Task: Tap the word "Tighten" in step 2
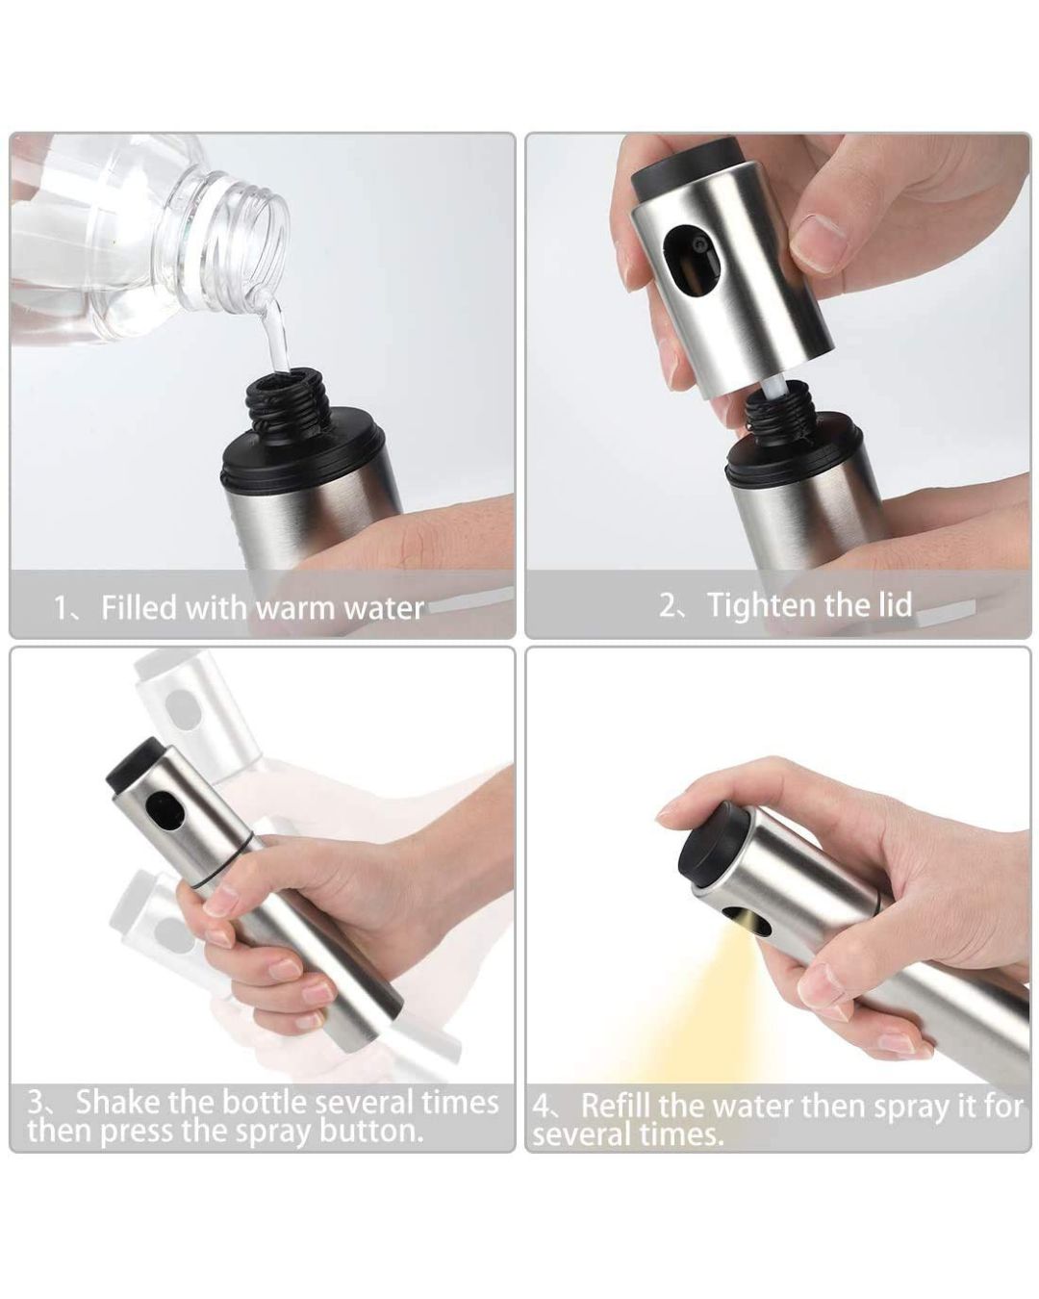[x=761, y=606]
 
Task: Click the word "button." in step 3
[x=370, y=1131]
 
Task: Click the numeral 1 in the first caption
[x=61, y=608]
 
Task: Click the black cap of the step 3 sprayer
[x=134, y=765]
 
